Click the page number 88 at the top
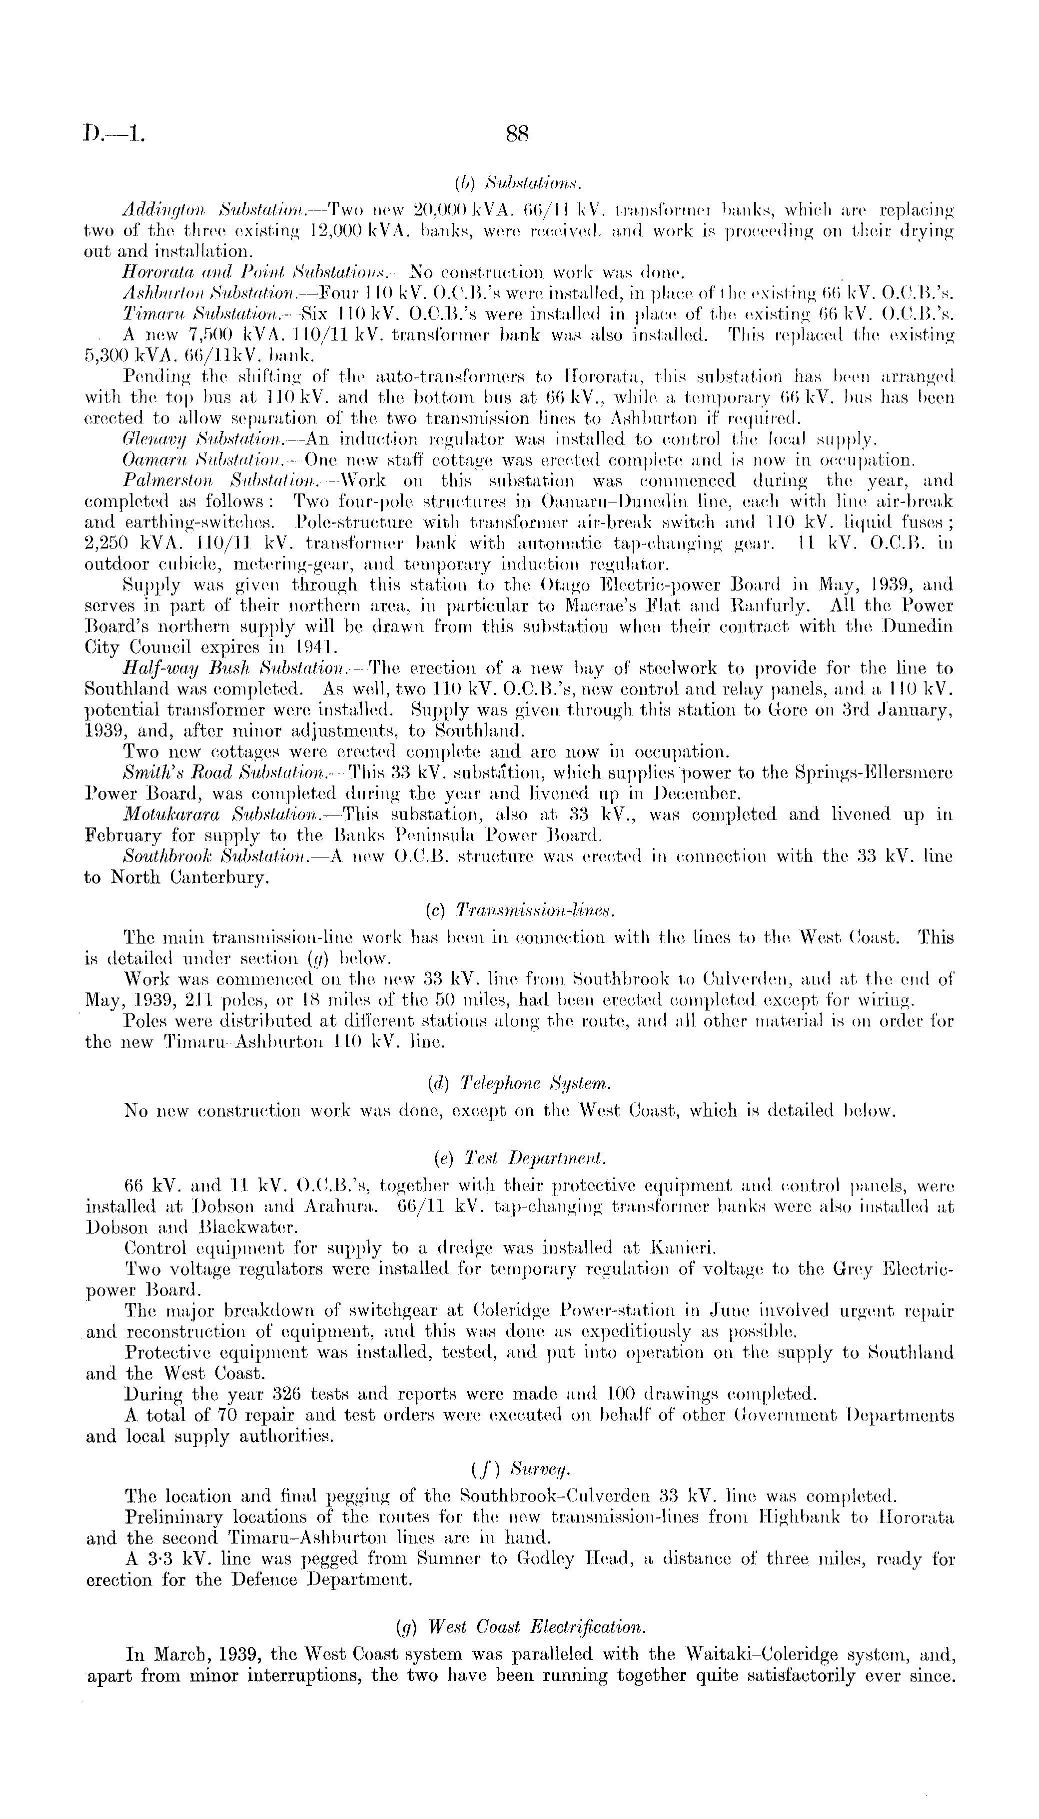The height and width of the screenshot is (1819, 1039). pos(516,133)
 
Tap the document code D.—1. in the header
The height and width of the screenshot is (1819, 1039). pos(113,133)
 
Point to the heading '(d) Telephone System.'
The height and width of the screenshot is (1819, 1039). pos(519,1085)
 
